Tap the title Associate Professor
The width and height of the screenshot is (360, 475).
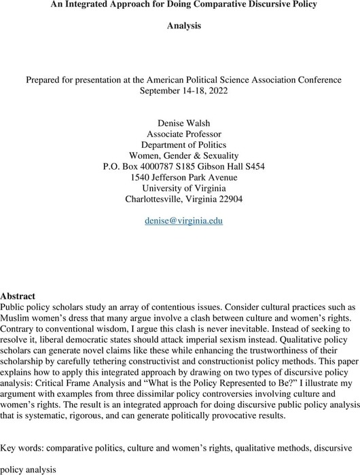click(180, 134)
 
